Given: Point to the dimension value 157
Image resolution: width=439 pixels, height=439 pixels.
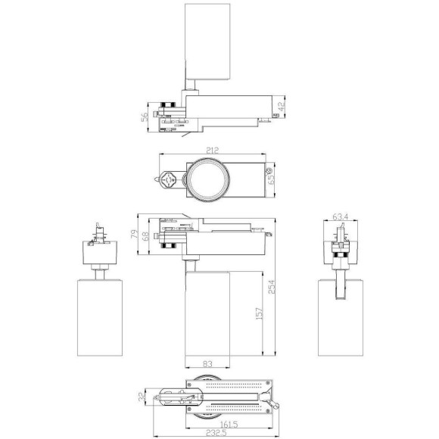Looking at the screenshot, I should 257,313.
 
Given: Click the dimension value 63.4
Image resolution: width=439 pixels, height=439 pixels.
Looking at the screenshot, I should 340,216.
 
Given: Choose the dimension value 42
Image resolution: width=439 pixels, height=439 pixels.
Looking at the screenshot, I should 283,108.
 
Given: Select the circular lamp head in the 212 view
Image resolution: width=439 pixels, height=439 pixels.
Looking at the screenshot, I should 205,179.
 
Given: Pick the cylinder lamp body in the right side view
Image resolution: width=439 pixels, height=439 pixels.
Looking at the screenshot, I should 340,325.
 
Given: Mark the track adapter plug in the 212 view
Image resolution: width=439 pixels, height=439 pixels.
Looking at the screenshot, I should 171,179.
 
